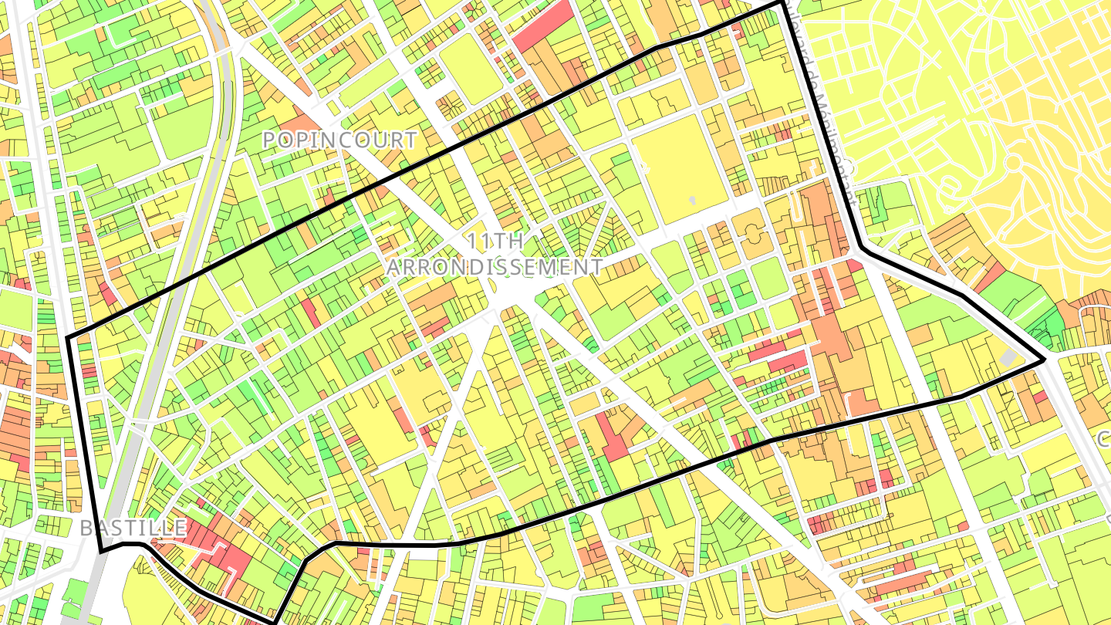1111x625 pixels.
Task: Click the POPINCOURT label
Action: tap(339, 140)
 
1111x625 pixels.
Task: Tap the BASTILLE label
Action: tap(133, 528)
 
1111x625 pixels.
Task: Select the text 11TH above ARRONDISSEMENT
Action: tap(495, 241)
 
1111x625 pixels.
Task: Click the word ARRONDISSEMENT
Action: tap(495, 267)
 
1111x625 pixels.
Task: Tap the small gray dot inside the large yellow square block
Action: tap(693, 200)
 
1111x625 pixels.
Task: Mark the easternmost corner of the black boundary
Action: tap(1045, 360)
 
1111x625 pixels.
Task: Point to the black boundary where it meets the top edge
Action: tap(782, 2)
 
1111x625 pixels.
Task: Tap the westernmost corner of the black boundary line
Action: tap(69, 338)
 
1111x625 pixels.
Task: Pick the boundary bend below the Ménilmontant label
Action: tap(862, 248)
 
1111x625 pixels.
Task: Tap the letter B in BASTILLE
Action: tap(86, 528)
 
